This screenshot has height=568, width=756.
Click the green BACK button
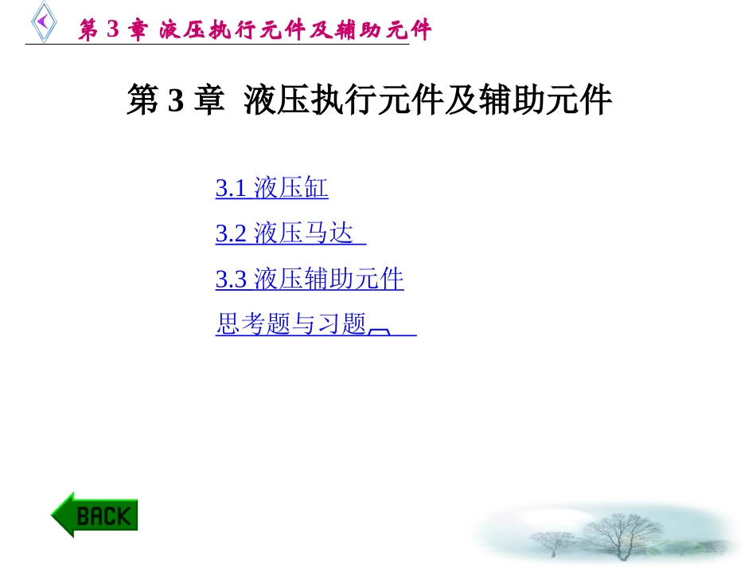coord(95,515)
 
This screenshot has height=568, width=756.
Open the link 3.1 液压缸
coord(271,189)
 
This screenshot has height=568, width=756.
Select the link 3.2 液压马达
coord(290,234)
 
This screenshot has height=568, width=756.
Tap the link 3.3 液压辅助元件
coord(310,280)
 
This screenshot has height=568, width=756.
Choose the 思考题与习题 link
coord(291,325)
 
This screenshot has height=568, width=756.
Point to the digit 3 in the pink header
coord(111,30)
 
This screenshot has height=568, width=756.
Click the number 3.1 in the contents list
coord(231,190)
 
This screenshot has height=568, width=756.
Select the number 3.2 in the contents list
coord(231,235)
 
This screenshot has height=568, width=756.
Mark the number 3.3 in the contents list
coord(231,280)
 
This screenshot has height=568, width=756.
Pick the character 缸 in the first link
coord(317,189)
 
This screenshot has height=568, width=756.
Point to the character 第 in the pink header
coord(88,30)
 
